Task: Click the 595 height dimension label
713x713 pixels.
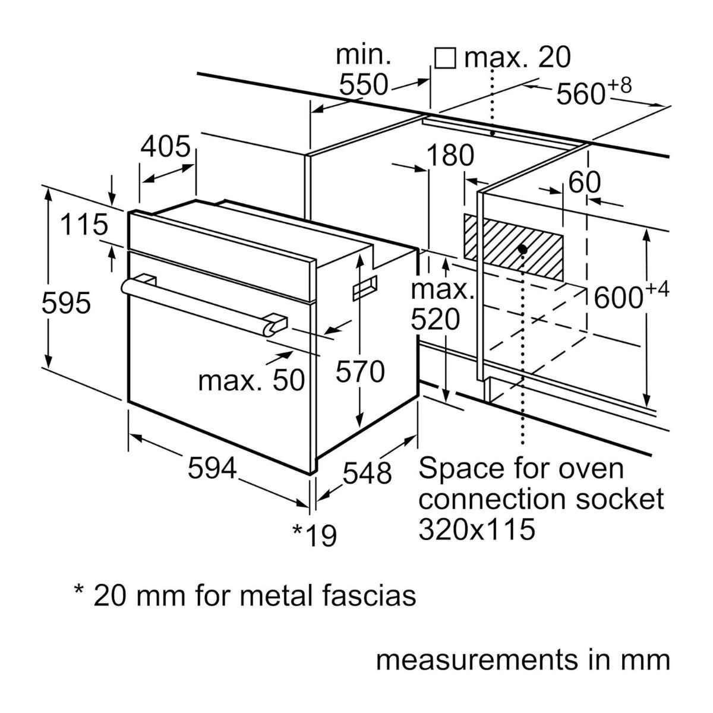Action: point(66,304)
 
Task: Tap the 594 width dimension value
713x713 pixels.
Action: point(212,469)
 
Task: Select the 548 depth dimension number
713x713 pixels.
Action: point(367,473)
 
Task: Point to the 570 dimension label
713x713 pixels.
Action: point(360,373)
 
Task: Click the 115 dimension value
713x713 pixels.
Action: point(85,225)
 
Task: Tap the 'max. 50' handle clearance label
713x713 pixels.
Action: point(251,380)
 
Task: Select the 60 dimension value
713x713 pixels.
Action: point(585,182)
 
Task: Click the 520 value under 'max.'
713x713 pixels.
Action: point(436,320)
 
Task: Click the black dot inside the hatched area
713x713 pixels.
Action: point(522,249)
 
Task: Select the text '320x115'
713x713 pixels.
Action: point(477,529)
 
